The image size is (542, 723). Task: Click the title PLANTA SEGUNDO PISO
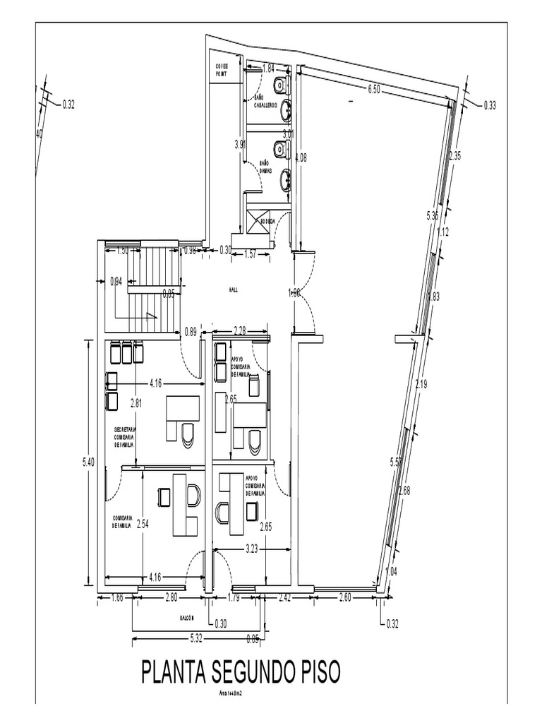pyautogui.click(x=241, y=672)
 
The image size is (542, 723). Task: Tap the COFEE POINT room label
pyautogui.click(x=222, y=69)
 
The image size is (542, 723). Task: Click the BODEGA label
pyautogui.click(x=267, y=221)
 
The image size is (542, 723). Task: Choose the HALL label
pyautogui.click(x=233, y=289)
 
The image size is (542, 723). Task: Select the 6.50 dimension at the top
pyautogui.click(x=374, y=89)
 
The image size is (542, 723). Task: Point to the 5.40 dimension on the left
pyautogui.click(x=88, y=462)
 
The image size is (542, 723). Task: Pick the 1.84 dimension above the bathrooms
pyautogui.click(x=268, y=68)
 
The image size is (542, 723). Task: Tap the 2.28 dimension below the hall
pyautogui.click(x=240, y=330)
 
